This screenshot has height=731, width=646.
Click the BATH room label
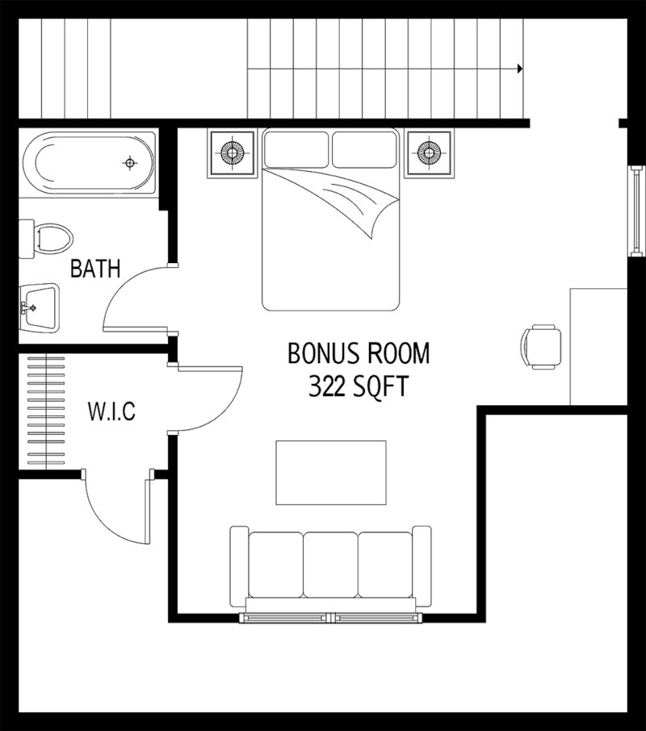coord(95,269)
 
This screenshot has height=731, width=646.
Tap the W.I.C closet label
coord(111,413)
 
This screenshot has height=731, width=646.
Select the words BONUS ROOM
coord(359,354)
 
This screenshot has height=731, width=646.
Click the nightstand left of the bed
coord(233,152)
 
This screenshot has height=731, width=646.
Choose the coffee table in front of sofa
coord(330,472)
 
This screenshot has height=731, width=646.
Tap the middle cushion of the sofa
coord(330,562)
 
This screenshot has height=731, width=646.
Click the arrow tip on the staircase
coord(520,70)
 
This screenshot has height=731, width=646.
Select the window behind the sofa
coord(330,619)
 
